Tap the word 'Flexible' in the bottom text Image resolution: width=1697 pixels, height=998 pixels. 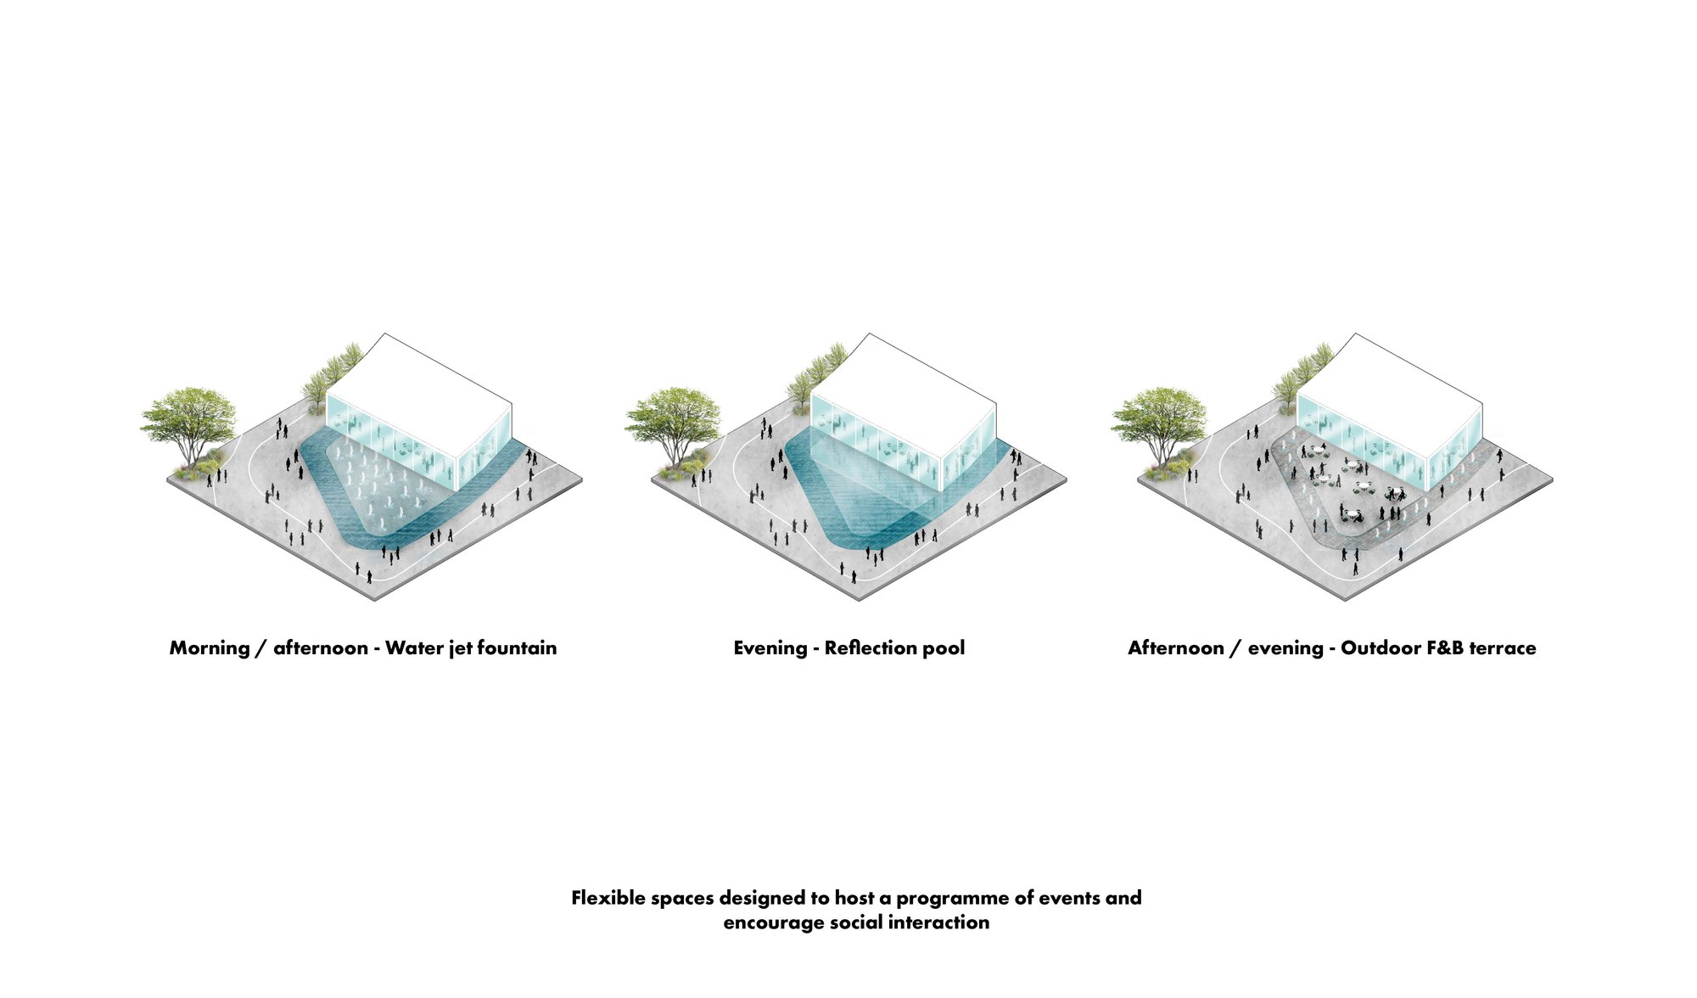coord(607,898)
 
